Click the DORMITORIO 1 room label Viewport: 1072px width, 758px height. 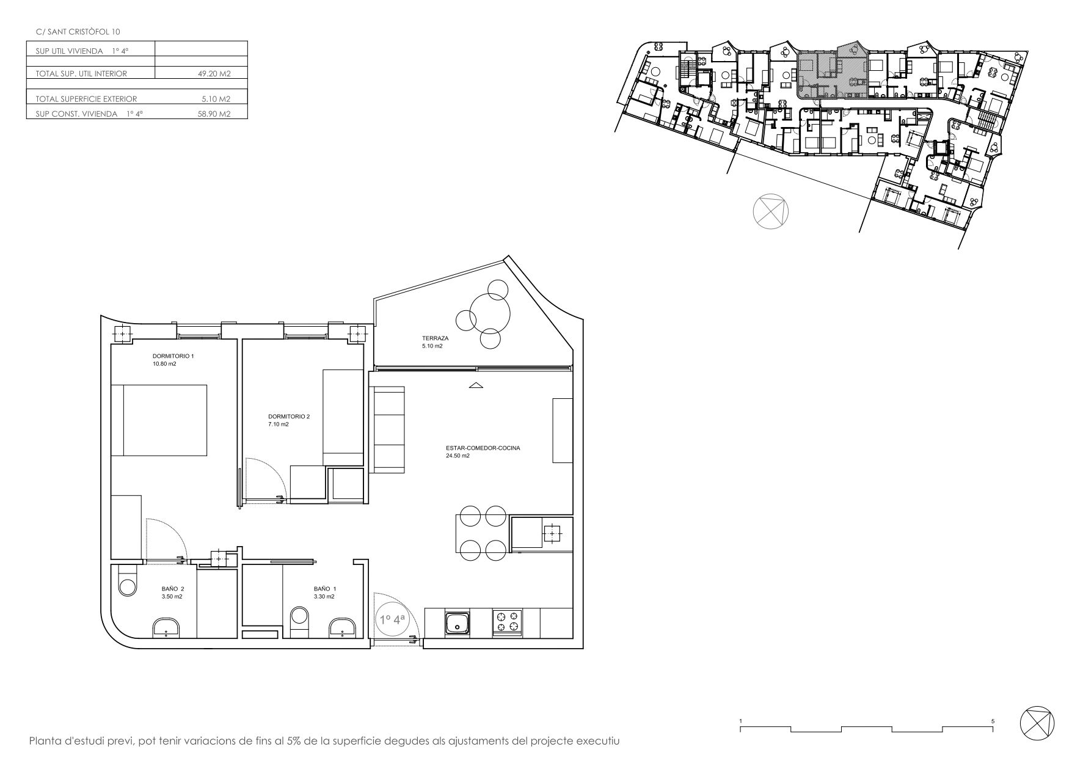coord(173,356)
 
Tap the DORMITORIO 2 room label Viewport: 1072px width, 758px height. coord(289,417)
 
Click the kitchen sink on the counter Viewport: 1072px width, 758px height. coord(458,624)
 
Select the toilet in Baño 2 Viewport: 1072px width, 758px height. coord(128,580)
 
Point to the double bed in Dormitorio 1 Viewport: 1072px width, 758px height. coord(159,420)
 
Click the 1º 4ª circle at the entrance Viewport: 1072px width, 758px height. coord(393,619)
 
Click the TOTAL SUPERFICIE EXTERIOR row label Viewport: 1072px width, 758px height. coord(86,98)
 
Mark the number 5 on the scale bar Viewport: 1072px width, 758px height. coord(993,721)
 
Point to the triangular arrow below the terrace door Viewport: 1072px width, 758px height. coord(476,385)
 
